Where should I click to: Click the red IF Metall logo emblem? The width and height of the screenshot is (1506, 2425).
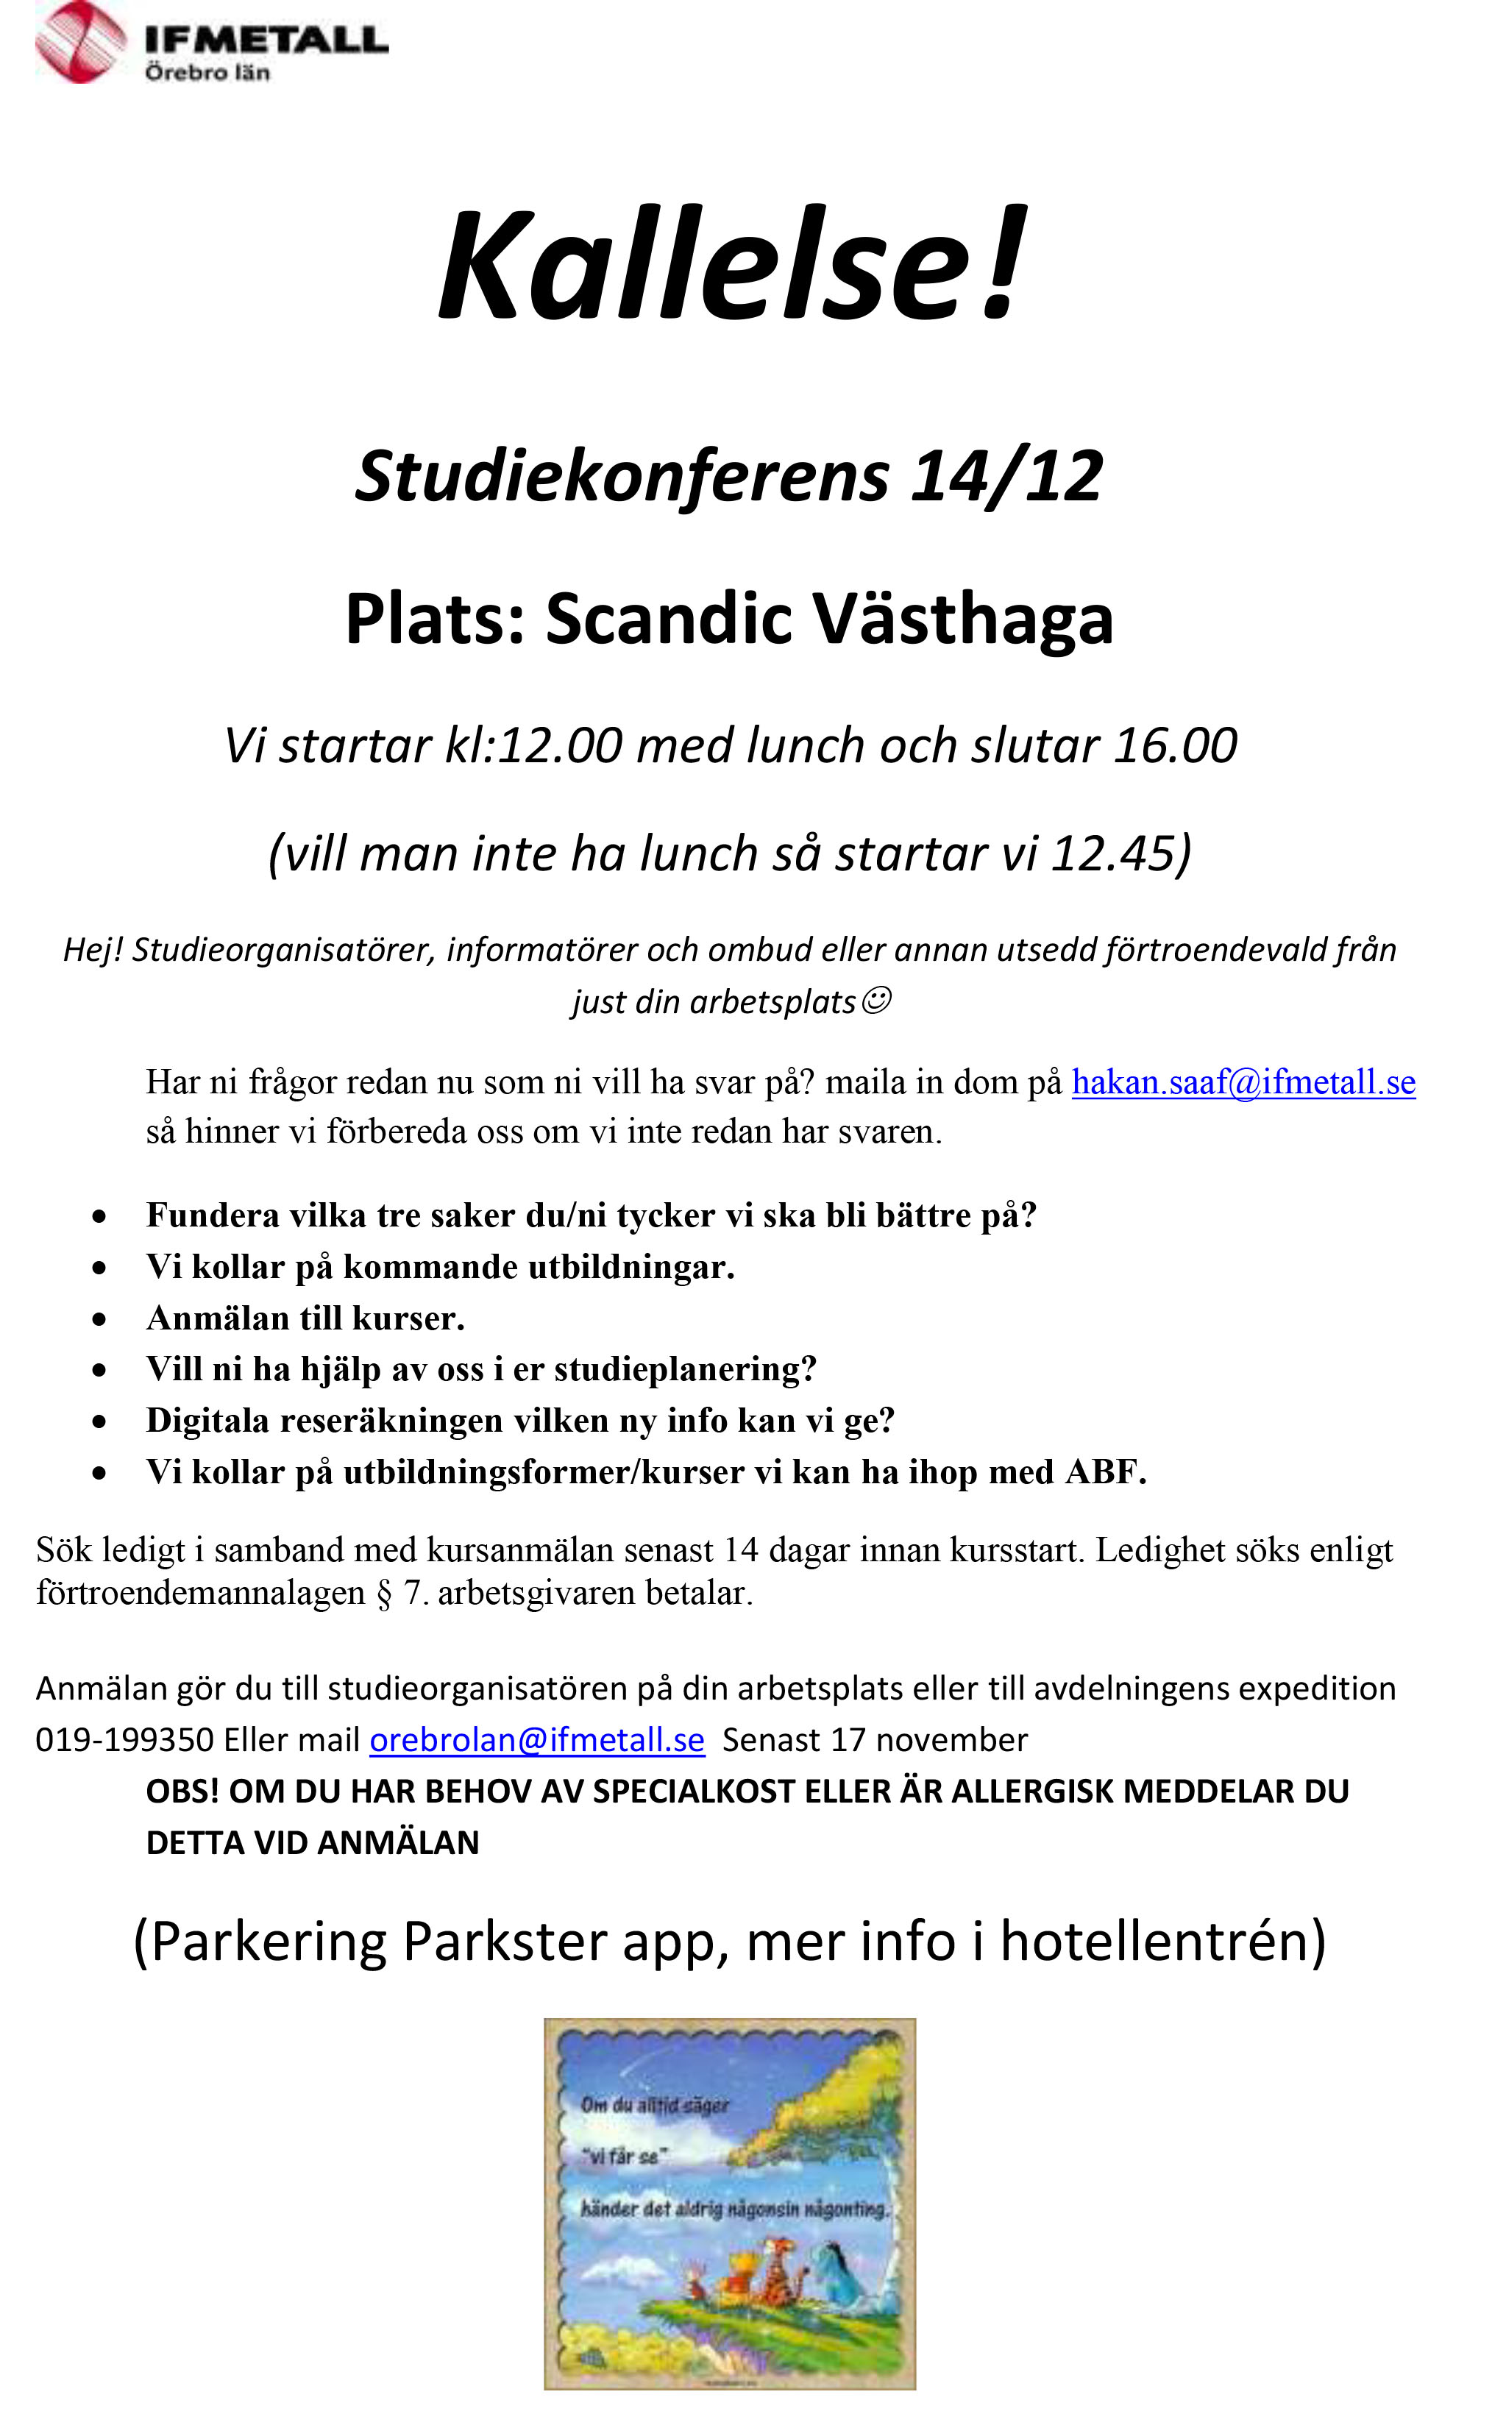(79, 42)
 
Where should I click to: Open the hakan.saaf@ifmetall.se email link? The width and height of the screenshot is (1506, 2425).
(1243, 1082)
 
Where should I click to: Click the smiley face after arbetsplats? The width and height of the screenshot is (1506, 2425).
(875, 1000)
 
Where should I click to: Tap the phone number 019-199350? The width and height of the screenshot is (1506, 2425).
(124, 1740)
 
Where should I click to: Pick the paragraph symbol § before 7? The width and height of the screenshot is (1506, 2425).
(383, 1594)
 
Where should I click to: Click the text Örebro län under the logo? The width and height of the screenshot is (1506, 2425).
(207, 73)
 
